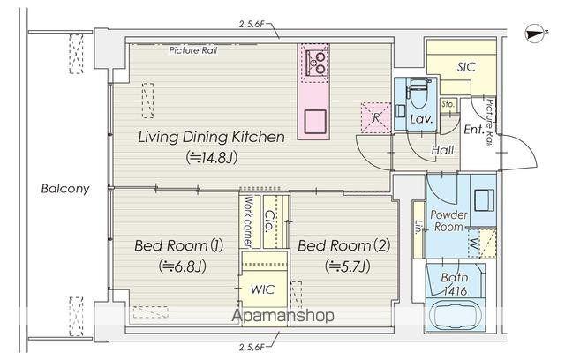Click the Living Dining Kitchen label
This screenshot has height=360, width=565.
(212, 137)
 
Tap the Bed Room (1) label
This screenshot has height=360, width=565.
(178, 246)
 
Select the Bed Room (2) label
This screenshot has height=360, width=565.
(344, 246)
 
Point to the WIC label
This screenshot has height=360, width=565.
(263, 289)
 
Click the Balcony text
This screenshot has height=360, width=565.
(65, 189)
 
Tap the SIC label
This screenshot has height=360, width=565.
(466, 67)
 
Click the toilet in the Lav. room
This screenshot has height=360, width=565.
(418, 93)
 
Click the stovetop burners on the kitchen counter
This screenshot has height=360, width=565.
(317, 63)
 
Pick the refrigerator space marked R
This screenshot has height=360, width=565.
(376, 117)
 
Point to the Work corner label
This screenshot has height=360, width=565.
(248, 221)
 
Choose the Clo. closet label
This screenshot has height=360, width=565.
(269, 221)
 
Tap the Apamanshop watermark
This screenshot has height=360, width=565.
(282, 315)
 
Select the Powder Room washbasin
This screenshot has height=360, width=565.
(485, 199)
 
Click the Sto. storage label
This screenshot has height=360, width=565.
(448, 104)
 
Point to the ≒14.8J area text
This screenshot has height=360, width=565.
(212, 158)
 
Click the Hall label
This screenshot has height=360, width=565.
(442, 150)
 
